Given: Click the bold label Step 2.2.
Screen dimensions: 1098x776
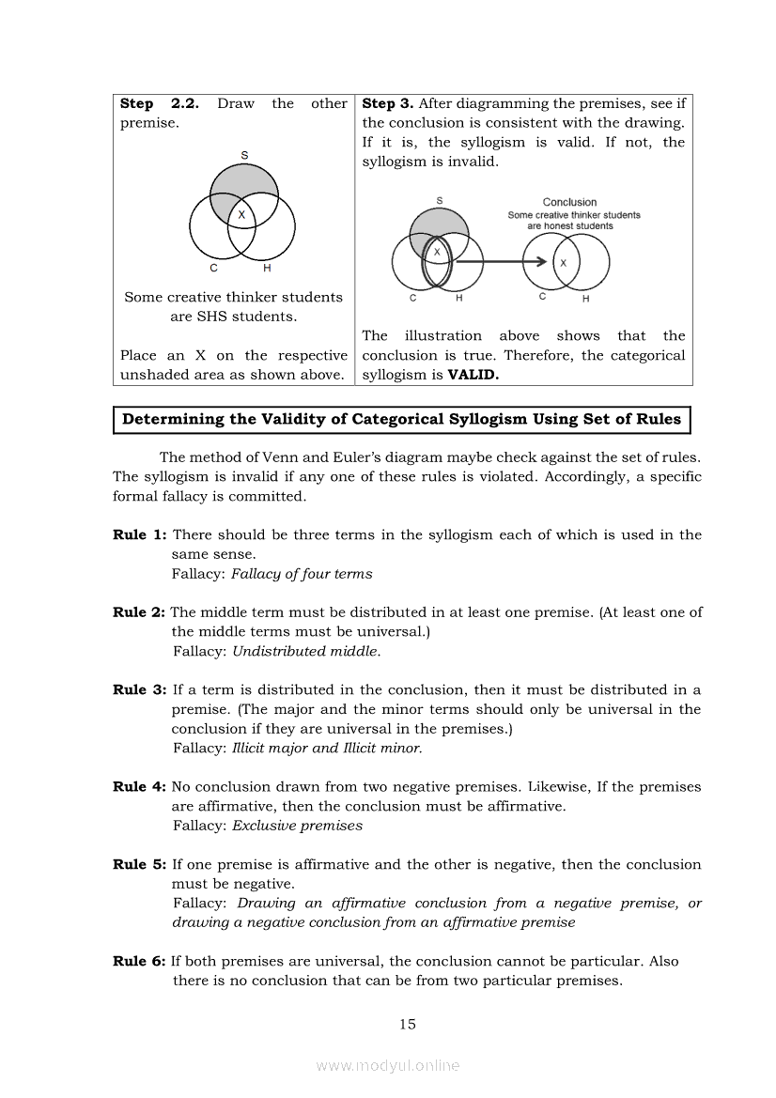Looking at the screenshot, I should point(159,103).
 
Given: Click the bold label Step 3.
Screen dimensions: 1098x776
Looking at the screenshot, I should point(387,103).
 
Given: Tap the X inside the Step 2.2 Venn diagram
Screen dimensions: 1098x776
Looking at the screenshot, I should point(241,215).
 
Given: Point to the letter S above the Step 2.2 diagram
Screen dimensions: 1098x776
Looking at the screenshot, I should point(244,154).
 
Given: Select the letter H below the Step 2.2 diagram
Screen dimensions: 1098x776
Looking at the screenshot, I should point(267,269).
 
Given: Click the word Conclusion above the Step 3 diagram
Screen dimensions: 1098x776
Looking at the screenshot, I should point(569,202).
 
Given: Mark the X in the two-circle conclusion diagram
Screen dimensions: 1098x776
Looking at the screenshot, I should point(563,263).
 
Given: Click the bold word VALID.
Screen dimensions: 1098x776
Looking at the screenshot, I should point(473,375).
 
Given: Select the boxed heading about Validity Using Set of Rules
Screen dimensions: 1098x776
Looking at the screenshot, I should point(402,420).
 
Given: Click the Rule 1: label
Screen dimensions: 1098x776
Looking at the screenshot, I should point(140,534).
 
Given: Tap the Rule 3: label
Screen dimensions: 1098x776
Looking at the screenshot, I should point(140,689).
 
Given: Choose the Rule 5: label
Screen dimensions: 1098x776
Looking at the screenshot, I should point(140,864).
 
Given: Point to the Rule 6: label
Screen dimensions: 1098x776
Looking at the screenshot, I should point(140,961).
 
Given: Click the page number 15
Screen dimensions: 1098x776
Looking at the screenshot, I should point(407,1024).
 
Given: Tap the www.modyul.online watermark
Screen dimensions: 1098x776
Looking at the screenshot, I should point(388,1065).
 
